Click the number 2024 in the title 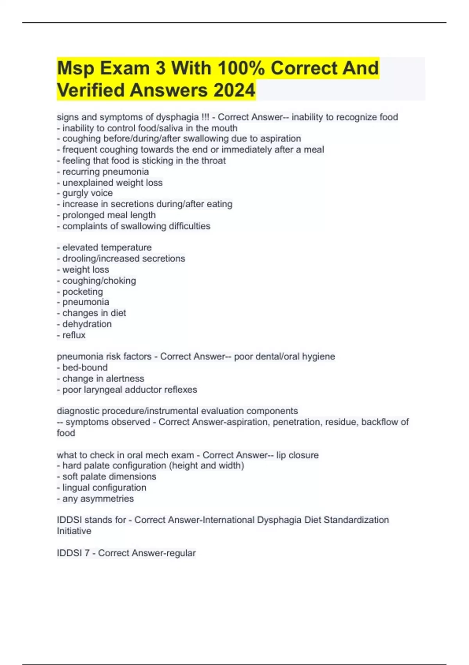pos(234,90)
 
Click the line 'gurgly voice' pos(85,193)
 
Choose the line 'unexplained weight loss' pos(110,183)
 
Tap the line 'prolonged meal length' pos(106,215)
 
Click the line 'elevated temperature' pos(104,247)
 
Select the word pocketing pos(82,291)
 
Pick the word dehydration pos(87,324)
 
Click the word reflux pos(74,335)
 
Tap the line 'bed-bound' pos(82,367)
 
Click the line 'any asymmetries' pos(95,499)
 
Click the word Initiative pos(74,531)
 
